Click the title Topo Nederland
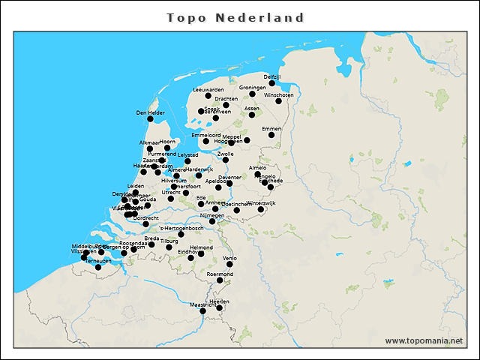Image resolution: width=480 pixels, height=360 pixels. [x=235, y=17]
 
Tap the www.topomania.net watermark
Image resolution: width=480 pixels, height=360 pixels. [x=424, y=340]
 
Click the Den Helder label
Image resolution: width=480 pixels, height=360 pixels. [x=150, y=112]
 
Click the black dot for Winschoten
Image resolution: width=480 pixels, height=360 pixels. [x=278, y=101]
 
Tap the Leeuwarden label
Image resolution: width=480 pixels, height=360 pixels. [x=208, y=89]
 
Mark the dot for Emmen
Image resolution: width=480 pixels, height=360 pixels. [x=271, y=135]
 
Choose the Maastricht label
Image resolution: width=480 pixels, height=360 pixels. [x=203, y=305]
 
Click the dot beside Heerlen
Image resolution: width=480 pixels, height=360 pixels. [x=220, y=307]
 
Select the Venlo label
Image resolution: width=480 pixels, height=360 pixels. [x=229, y=257]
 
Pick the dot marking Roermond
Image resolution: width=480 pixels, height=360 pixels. [x=220, y=280]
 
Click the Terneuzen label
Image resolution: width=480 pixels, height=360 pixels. [x=98, y=260]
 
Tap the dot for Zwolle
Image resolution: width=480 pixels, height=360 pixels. [x=225, y=160]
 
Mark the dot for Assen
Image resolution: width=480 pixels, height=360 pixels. [x=252, y=115]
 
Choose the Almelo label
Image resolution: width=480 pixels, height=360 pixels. [x=257, y=168]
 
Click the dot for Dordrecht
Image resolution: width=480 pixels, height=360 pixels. [x=146, y=223]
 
